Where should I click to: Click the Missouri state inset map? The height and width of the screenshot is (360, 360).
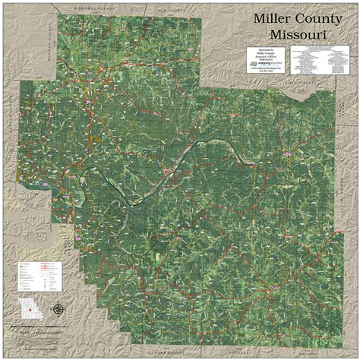click(30, 310)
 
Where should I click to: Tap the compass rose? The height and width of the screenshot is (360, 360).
click(58, 309)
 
